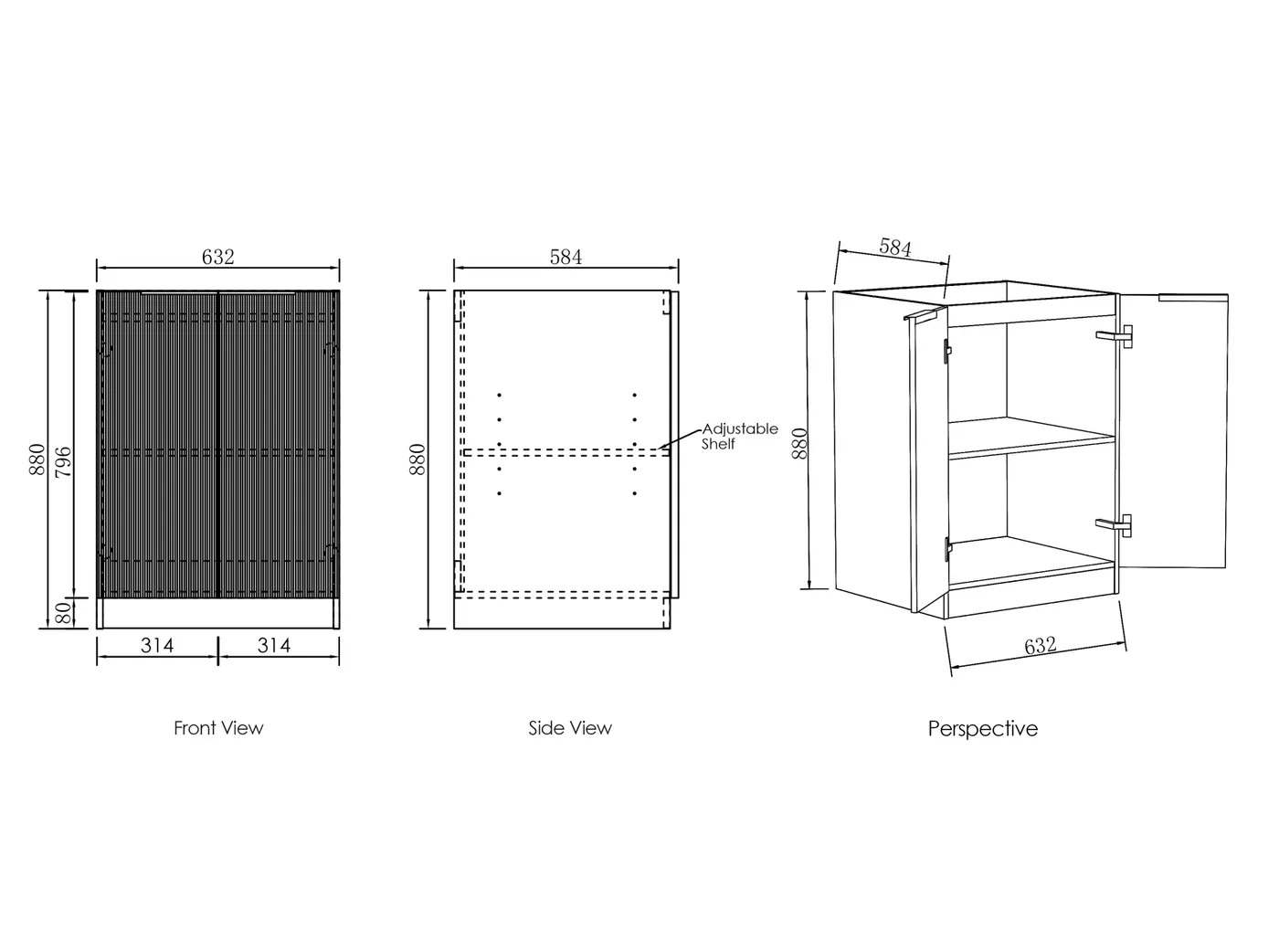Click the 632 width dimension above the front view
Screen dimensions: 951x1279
coord(217,258)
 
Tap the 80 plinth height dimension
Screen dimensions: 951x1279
coord(63,613)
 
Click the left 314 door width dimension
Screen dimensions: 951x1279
coord(157,646)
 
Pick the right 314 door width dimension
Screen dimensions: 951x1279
coord(273,646)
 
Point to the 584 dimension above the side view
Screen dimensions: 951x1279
coord(566,258)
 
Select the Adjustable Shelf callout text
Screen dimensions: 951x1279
coord(739,436)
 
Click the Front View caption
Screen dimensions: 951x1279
coord(218,728)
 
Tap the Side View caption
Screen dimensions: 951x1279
coord(570,728)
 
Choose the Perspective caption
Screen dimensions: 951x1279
coord(983,729)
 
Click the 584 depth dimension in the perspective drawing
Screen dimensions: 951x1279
coord(895,247)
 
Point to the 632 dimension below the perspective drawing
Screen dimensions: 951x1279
coord(1040,646)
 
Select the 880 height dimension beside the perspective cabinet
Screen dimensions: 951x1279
coord(799,442)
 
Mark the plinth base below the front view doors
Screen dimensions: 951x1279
coord(217,613)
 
